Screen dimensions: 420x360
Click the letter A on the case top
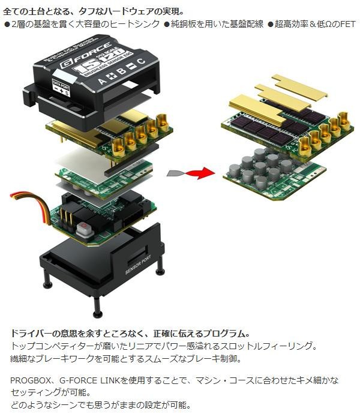pos(102,79)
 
